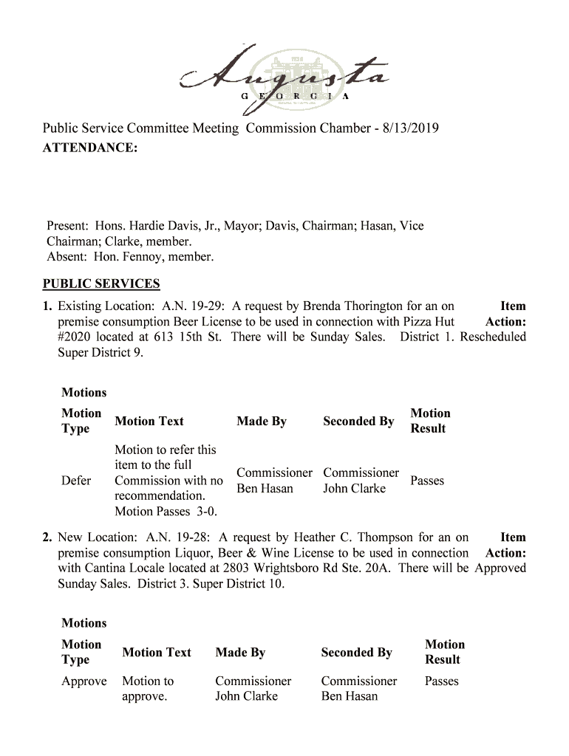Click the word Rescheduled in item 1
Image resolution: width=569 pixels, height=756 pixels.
click(493, 337)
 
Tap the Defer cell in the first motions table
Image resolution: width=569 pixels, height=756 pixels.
click(76, 481)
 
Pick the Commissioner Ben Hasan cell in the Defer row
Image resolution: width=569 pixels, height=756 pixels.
click(273, 481)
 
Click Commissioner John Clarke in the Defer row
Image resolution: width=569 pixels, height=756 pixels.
click(361, 481)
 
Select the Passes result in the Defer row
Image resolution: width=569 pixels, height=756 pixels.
click(427, 481)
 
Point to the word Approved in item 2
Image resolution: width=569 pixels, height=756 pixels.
click(500, 568)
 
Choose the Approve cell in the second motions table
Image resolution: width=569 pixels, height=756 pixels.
click(84, 681)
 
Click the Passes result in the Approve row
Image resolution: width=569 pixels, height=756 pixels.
click(442, 681)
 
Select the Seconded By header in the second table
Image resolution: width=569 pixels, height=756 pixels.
click(356, 653)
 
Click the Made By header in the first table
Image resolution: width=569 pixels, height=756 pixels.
click(261, 422)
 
